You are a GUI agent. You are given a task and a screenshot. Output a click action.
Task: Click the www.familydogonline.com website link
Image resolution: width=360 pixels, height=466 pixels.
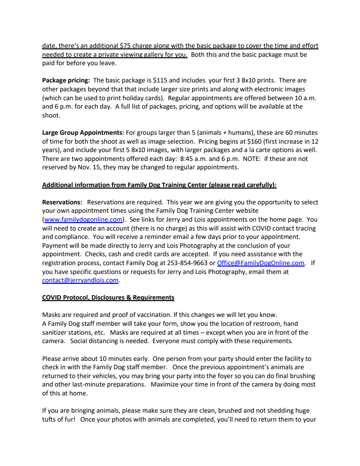[83, 219]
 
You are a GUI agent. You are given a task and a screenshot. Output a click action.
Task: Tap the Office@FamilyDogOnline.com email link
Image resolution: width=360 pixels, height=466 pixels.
[260, 263]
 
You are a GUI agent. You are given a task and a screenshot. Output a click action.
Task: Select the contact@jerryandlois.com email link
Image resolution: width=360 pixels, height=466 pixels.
[80, 280]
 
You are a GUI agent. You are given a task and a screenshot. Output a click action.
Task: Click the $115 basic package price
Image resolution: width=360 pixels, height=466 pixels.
[161, 80]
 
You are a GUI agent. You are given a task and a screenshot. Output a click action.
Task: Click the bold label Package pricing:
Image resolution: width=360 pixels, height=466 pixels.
[66, 80]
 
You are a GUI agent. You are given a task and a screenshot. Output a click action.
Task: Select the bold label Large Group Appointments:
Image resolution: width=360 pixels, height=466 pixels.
[83, 132]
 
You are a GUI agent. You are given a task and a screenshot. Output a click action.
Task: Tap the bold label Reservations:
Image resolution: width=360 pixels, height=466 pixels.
[62, 202]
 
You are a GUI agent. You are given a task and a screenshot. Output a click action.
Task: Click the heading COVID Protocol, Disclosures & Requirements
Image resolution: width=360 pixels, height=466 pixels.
[108, 297]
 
